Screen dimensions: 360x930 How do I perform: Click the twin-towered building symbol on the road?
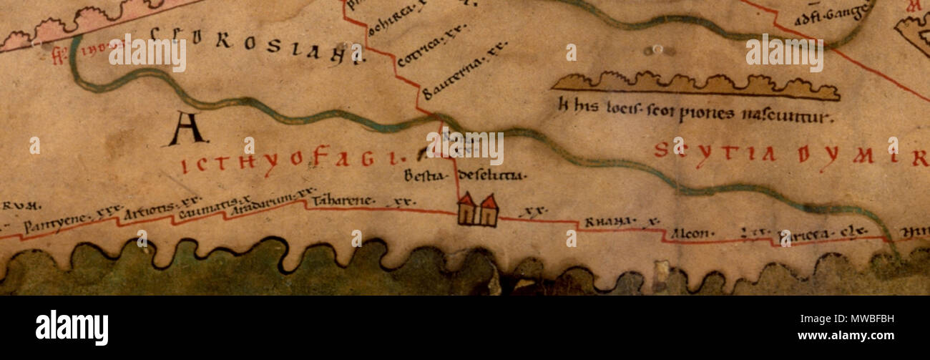(478, 210)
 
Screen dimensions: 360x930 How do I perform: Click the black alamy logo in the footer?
(72, 327)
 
